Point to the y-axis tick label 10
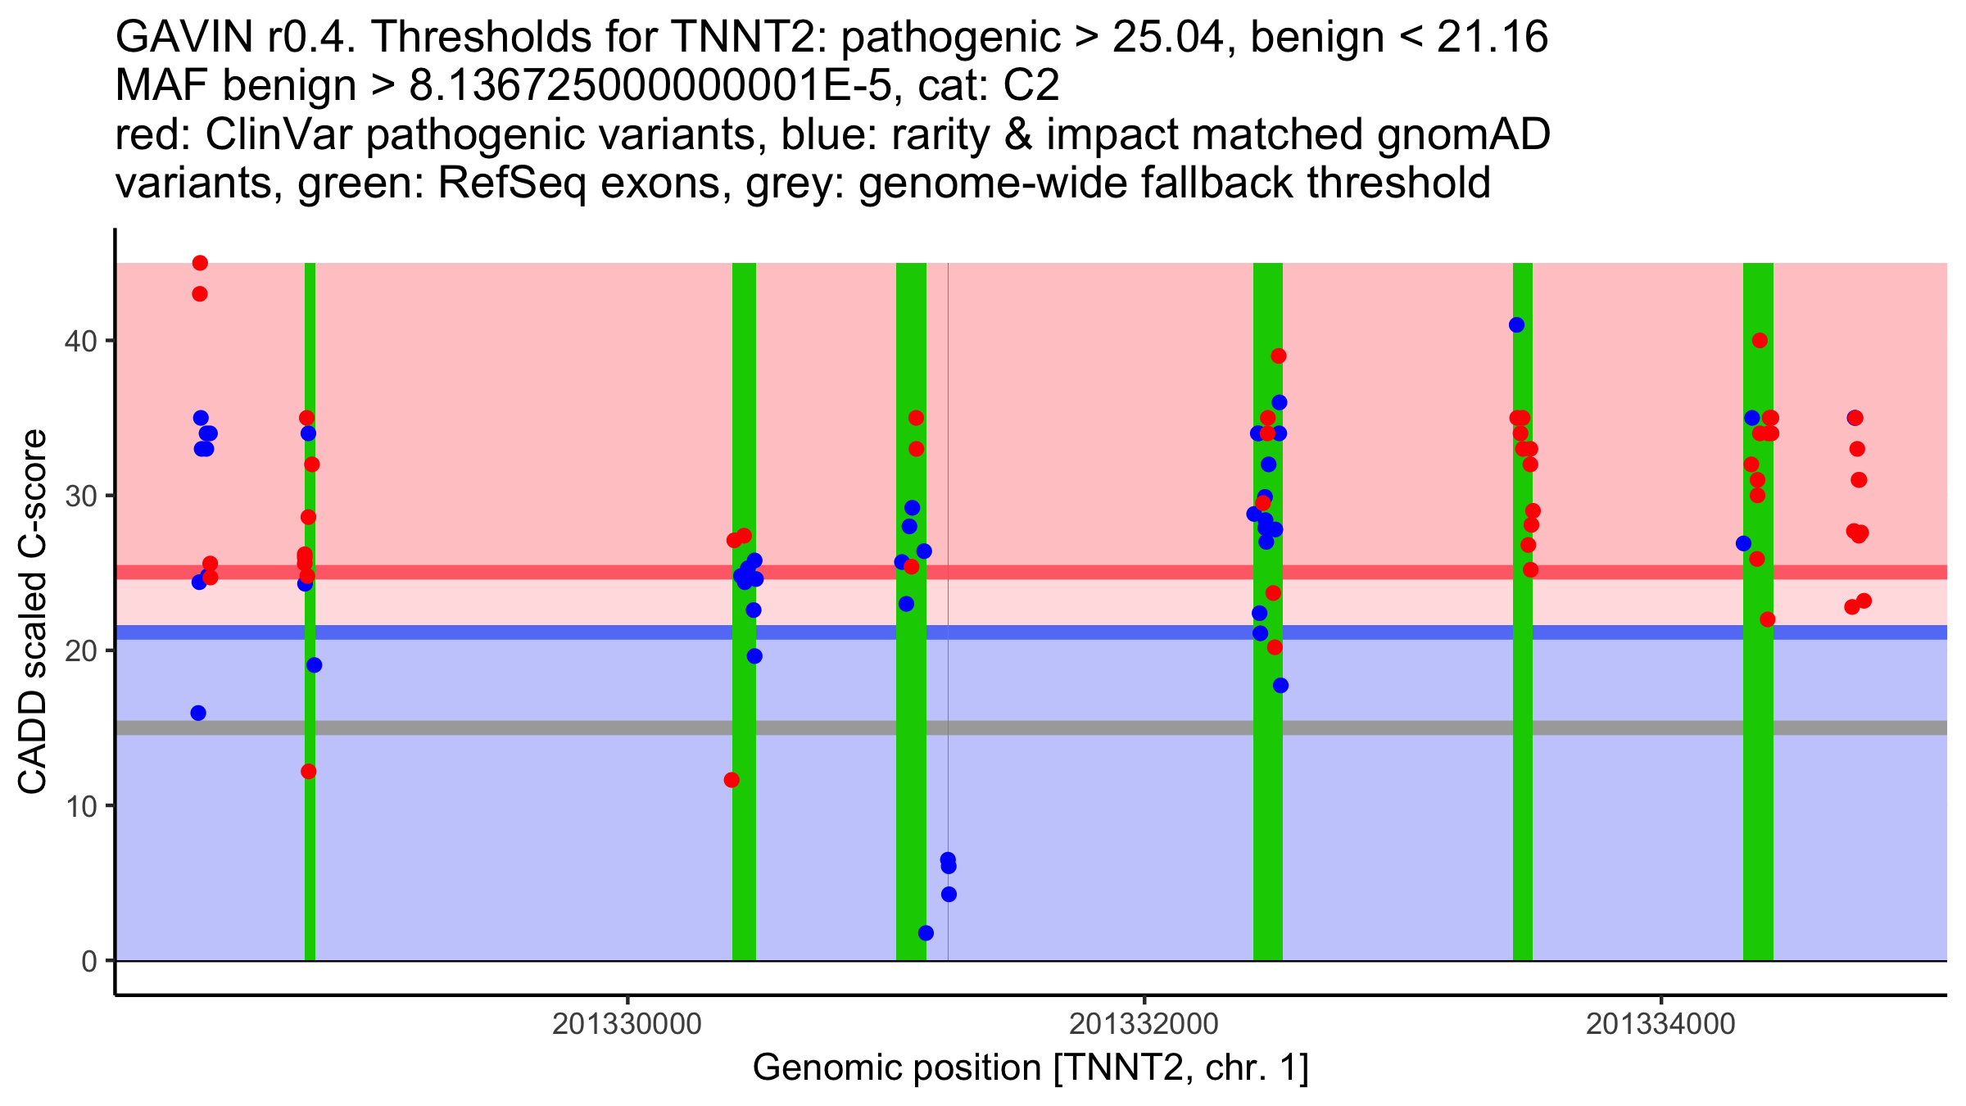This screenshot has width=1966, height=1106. click(80, 806)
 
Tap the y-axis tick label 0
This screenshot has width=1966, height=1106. click(89, 961)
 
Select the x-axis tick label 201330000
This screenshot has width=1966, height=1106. click(627, 1024)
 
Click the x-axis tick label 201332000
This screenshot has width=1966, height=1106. click(1144, 1024)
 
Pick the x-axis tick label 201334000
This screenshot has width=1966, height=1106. click(1661, 1024)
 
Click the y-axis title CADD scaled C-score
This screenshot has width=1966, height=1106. click(33, 611)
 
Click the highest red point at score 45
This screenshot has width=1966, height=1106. click(200, 263)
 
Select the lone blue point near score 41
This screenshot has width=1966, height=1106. click(1517, 325)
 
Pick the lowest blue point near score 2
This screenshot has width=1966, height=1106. click(926, 933)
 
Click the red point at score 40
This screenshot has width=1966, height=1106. click(1760, 341)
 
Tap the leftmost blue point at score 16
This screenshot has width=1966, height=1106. click(198, 714)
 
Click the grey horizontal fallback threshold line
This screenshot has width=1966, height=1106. click(1031, 728)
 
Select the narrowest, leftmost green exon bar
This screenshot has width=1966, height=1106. click(310, 612)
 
